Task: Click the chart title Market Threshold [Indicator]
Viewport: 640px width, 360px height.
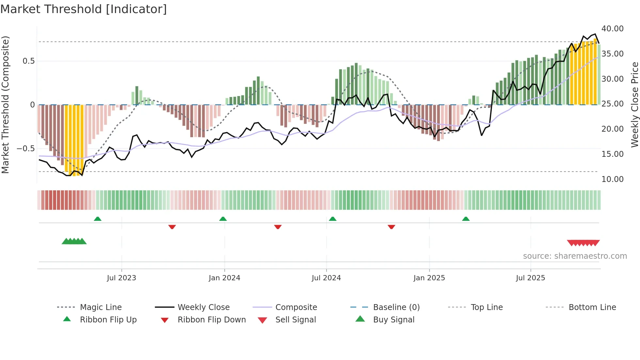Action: tap(84, 9)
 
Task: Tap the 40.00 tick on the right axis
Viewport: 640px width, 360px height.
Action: tap(612, 29)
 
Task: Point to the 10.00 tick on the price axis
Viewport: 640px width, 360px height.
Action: tap(612, 179)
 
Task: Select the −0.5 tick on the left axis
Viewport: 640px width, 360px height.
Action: tap(26, 149)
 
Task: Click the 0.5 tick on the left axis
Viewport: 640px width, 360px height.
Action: tap(28, 61)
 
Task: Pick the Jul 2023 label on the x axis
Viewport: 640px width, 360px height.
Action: tap(121, 278)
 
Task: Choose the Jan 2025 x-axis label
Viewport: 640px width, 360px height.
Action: tap(429, 278)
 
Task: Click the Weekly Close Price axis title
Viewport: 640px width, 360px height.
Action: tap(634, 105)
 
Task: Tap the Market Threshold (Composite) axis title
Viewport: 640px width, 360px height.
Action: tap(5, 105)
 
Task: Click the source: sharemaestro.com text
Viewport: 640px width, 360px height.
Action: tap(575, 256)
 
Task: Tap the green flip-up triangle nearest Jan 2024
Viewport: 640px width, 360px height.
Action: tap(223, 219)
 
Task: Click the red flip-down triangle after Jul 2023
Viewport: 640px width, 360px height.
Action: tap(172, 227)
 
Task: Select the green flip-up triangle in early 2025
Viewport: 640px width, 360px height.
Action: tap(466, 219)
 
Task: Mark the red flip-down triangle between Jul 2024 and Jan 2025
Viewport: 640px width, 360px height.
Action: tap(391, 227)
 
